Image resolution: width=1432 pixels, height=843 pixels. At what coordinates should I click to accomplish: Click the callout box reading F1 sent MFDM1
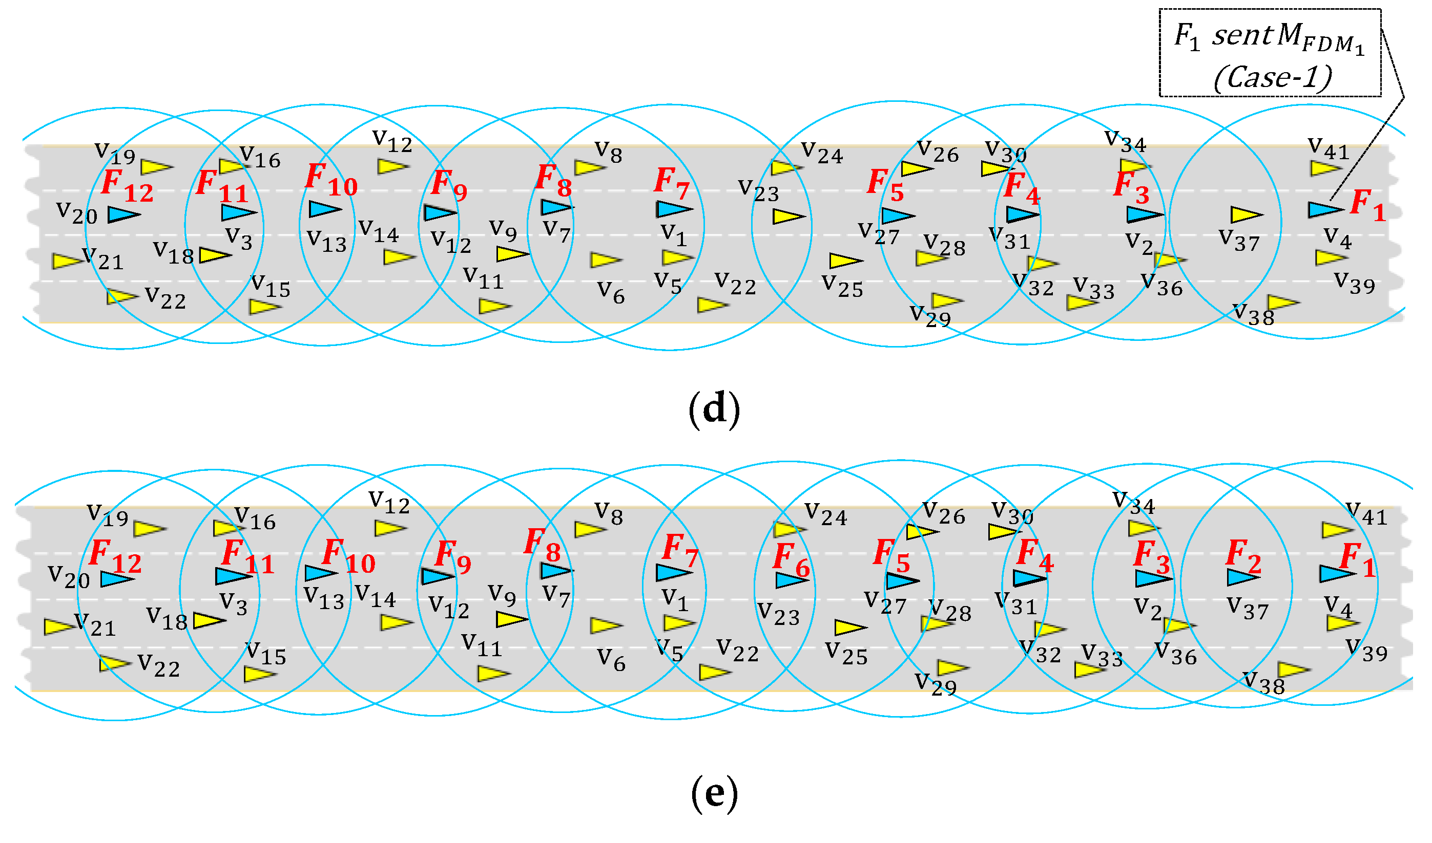coord(1270,53)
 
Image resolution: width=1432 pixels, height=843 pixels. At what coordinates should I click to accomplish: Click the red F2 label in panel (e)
coord(1243,557)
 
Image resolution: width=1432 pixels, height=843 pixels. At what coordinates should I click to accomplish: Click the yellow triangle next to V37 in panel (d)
coord(1245,215)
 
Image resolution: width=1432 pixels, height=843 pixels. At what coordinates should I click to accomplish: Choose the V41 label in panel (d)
coord(1328,149)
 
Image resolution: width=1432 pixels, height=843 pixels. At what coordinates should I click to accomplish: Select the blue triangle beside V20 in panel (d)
coord(123,214)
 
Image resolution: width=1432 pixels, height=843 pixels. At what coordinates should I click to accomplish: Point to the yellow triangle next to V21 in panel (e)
coord(58,627)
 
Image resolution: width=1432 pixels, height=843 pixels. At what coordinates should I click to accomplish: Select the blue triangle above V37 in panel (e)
coord(1242,578)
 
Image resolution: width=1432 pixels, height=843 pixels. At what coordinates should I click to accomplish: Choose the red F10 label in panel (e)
coord(348,557)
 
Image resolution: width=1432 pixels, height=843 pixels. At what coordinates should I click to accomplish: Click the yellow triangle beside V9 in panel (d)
coord(512,254)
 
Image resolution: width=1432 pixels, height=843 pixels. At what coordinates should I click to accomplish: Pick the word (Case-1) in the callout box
coord(1272,77)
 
